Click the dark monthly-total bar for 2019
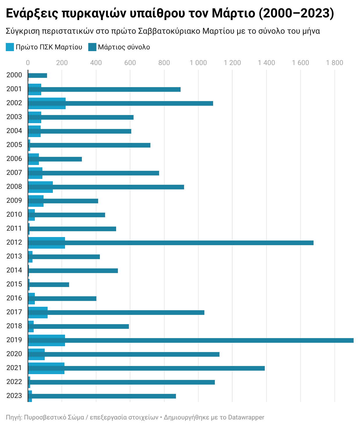[190, 340]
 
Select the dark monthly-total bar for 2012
[171, 243]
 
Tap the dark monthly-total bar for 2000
[37, 76]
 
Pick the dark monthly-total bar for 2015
[48, 285]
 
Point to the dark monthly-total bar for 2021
[146, 368]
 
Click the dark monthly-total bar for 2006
[55, 159]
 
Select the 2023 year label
[14, 396]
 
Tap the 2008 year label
[14, 186]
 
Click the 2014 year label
[14, 270]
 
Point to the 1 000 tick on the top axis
[198, 63]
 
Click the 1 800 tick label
[334, 63]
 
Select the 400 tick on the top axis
[96, 63]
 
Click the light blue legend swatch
[10, 47]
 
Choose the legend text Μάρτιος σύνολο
[124, 47]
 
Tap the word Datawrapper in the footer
[246, 417]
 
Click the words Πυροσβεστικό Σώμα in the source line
[54, 417]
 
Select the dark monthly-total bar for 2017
[116, 313]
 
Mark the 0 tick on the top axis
[28, 63]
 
